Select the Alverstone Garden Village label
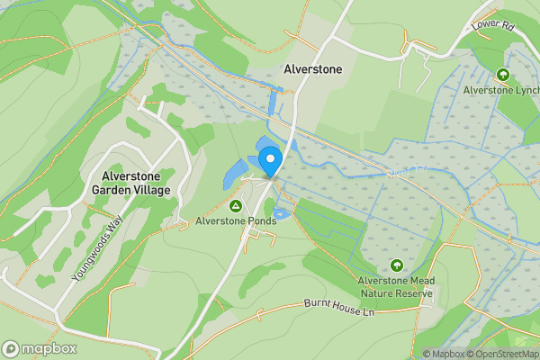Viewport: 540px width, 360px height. point(130,184)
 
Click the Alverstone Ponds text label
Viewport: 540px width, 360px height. point(236,219)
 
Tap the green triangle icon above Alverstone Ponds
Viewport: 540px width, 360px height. point(236,203)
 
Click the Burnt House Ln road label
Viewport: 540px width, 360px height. point(338,309)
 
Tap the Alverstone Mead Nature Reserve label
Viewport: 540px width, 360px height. point(397,286)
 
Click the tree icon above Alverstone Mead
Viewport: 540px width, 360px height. point(397,265)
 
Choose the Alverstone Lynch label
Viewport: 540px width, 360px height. point(500,90)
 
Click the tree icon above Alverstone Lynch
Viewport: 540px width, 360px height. point(502,75)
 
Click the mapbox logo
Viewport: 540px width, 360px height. point(40,348)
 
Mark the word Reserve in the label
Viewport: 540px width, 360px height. point(415,292)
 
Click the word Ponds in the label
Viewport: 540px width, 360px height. point(260,219)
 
